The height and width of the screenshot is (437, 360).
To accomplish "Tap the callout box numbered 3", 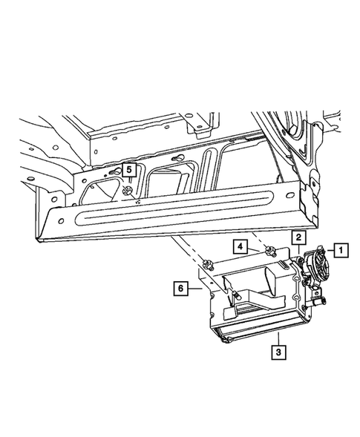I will click(x=278, y=352).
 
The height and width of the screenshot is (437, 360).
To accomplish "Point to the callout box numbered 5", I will click(x=129, y=171).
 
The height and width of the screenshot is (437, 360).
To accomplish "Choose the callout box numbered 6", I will click(x=180, y=288).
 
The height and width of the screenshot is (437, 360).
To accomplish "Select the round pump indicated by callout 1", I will click(x=317, y=263).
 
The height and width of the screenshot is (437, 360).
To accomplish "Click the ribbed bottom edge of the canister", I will click(x=252, y=338).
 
